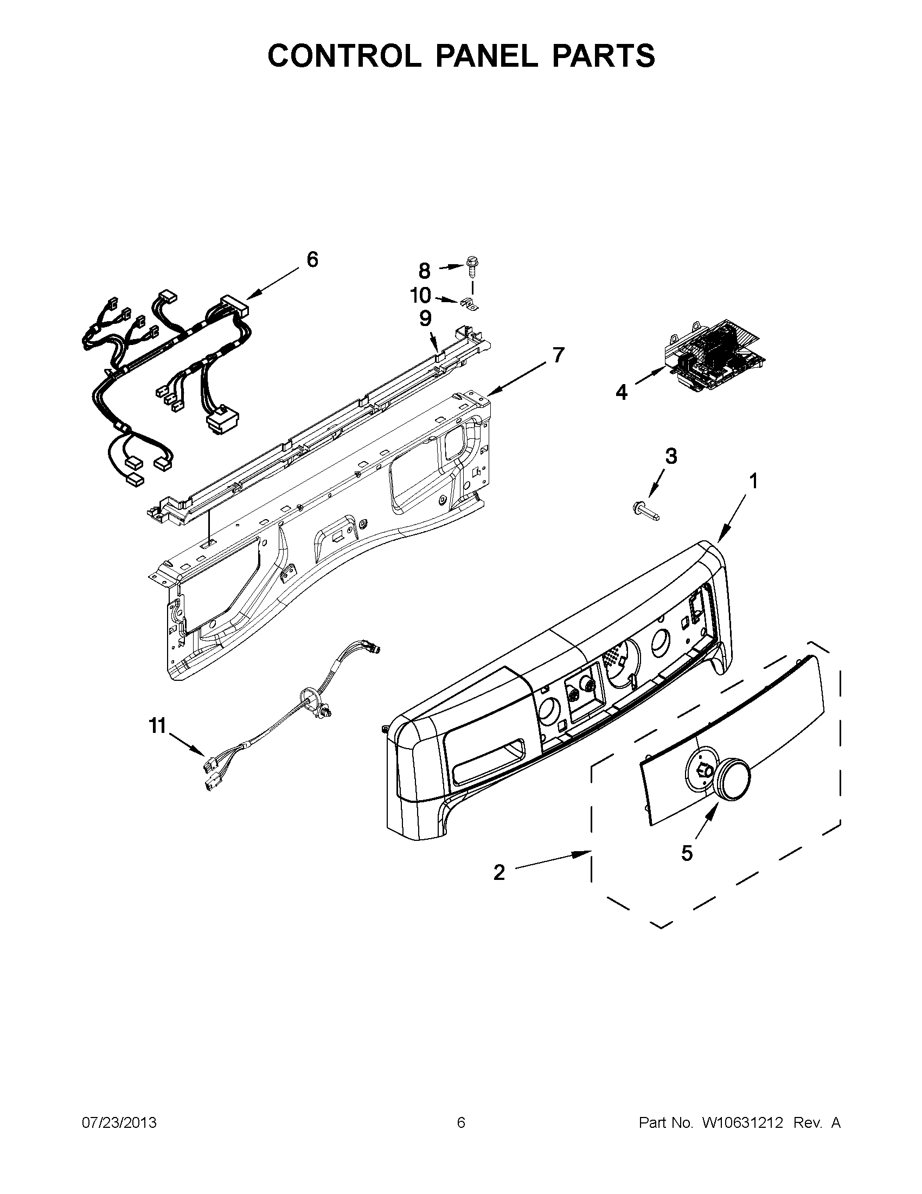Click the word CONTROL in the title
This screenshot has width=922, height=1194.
[344, 56]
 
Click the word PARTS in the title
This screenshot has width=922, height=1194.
[603, 56]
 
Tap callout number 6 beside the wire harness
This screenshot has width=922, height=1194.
[312, 260]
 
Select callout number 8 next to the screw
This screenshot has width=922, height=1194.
[425, 270]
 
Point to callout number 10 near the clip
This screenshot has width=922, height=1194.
[421, 296]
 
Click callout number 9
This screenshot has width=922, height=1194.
[425, 319]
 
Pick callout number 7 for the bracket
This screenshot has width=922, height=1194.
[558, 355]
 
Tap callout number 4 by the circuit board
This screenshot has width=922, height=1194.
[622, 392]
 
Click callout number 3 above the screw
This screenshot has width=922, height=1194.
[670, 455]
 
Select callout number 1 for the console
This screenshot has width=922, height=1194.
[753, 482]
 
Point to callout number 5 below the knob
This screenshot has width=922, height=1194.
[687, 852]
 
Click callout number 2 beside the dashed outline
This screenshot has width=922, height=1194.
[499, 872]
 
